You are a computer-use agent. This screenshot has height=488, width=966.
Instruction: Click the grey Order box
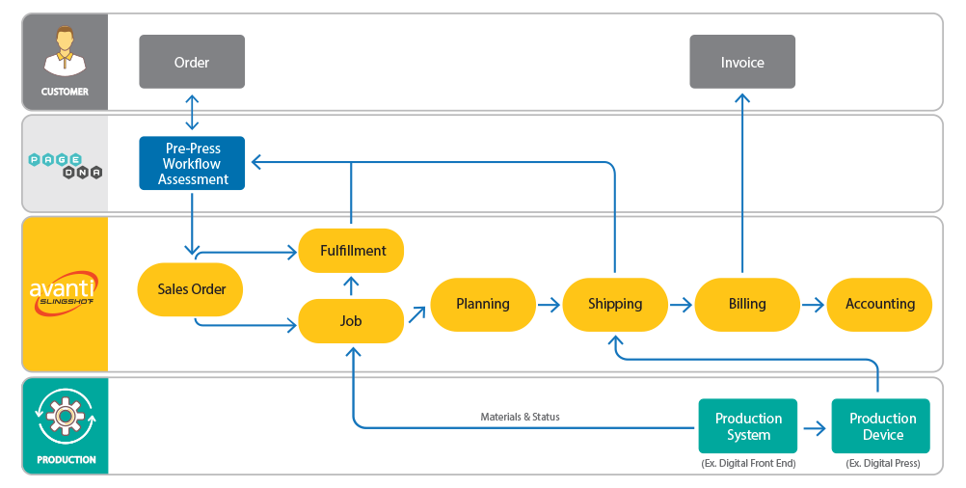tap(192, 62)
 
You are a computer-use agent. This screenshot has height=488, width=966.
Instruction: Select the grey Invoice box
tap(742, 62)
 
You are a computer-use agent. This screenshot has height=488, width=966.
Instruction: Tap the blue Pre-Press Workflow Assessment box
tap(192, 163)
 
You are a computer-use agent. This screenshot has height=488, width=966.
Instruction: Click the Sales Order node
tap(190, 289)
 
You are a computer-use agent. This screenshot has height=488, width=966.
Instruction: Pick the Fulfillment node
tap(351, 251)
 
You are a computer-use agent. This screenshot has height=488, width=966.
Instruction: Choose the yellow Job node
tap(351, 321)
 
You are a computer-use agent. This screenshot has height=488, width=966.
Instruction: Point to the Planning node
tap(483, 305)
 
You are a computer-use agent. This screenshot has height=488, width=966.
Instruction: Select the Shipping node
tap(615, 305)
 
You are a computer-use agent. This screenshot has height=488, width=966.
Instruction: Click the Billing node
tap(747, 305)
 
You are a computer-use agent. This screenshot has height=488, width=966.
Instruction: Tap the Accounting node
tap(880, 305)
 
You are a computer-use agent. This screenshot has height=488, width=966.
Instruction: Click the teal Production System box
tap(748, 426)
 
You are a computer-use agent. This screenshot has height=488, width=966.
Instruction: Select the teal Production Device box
tap(881, 426)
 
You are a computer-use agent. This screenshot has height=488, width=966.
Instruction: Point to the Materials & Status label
tap(520, 418)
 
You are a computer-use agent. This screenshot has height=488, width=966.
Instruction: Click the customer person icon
tap(65, 52)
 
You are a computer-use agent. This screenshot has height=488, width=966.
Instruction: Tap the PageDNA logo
tap(66, 166)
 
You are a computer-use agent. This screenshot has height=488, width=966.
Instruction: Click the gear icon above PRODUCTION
tap(66, 417)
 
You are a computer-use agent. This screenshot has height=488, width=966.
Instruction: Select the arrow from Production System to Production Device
tap(815, 428)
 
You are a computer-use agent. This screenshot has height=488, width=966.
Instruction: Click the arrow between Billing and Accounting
tap(814, 305)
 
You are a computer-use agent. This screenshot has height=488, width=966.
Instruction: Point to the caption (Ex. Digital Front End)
tap(748, 463)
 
